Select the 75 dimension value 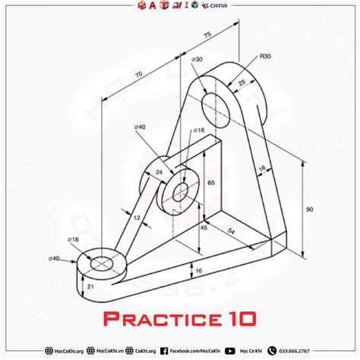207,34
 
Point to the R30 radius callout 265,56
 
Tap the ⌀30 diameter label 197,59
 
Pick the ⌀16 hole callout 199,130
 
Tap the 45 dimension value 204,226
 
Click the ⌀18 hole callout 73,240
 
